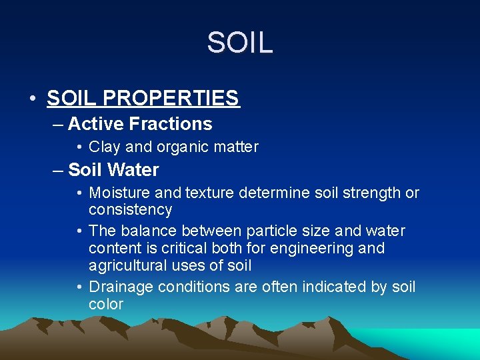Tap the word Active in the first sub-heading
[96, 124]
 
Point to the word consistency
[130, 210]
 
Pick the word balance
[154, 231]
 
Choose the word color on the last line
[105, 305]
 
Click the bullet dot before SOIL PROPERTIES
[33, 99]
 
